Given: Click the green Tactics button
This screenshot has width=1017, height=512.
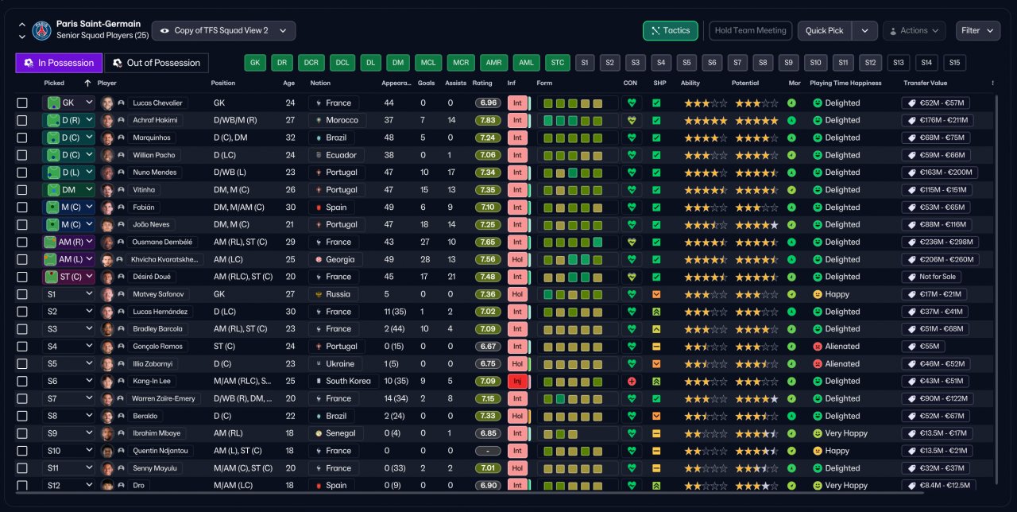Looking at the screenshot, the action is click(x=670, y=30).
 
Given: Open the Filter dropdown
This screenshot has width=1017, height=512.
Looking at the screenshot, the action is click(x=977, y=30).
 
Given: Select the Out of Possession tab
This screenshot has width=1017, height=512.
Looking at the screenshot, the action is click(x=157, y=63).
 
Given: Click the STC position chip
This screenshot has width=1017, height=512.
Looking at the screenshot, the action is click(x=558, y=63).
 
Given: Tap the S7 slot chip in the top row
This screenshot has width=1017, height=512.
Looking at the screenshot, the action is click(x=737, y=63).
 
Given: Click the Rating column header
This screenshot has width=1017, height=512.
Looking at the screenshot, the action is click(x=482, y=83).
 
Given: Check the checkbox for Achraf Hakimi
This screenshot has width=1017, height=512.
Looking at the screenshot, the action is click(x=21, y=120).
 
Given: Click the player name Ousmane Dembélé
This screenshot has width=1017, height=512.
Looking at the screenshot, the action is click(x=162, y=242).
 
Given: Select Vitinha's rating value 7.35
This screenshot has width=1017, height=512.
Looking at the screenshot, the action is click(x=488, y=190).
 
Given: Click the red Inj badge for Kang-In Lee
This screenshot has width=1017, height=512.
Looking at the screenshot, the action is click(x=517, y=381).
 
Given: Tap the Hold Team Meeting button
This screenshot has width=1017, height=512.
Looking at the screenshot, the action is click(x=751, y=30).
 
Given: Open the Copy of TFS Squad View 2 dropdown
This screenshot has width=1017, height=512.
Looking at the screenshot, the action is click(x=224, y=30).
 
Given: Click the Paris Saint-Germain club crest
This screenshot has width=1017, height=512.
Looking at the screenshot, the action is click(x=42, y=30).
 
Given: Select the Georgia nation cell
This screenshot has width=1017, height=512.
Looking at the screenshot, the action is click(x=334, y=259).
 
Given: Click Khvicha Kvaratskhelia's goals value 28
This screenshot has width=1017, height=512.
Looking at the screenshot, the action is click(x=425, y=259).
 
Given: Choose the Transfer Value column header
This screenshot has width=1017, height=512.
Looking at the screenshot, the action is click(x=926, y=83).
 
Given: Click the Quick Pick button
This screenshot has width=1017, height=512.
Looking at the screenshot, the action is click(x=825, y=30).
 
